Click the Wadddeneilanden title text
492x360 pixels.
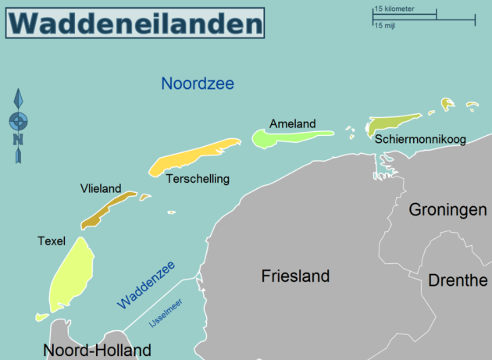click(x=135, y=23)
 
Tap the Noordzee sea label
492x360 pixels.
click(x=198, y=84)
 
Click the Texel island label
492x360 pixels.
click(x=51, y=241)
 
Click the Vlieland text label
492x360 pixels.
click(x=101, y=188)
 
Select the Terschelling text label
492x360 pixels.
click(x=198, y=179)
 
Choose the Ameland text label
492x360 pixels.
click(x=292, y=123)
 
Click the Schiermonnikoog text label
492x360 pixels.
click(x=420, y=140)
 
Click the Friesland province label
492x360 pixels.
click(x=295, y=276)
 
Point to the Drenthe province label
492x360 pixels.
click(x=458, y=280)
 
